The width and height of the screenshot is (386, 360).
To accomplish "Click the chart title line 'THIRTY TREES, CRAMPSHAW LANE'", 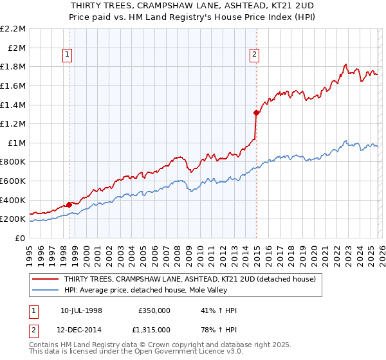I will pos(193,6).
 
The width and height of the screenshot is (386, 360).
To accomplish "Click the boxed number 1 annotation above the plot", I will pos(68,55).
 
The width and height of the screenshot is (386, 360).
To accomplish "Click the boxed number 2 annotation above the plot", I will pos(255,55).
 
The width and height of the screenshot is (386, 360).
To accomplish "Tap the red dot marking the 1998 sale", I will pos(69,204).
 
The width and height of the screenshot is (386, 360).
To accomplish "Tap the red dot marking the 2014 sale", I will pos(256,113).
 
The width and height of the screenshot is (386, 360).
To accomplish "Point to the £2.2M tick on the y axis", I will pos(14,29).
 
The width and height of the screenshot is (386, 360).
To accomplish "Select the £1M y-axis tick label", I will pos(16,143).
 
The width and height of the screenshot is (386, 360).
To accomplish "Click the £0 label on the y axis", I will pos(20,238).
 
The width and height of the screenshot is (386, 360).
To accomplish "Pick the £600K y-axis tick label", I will pos(14,181).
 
